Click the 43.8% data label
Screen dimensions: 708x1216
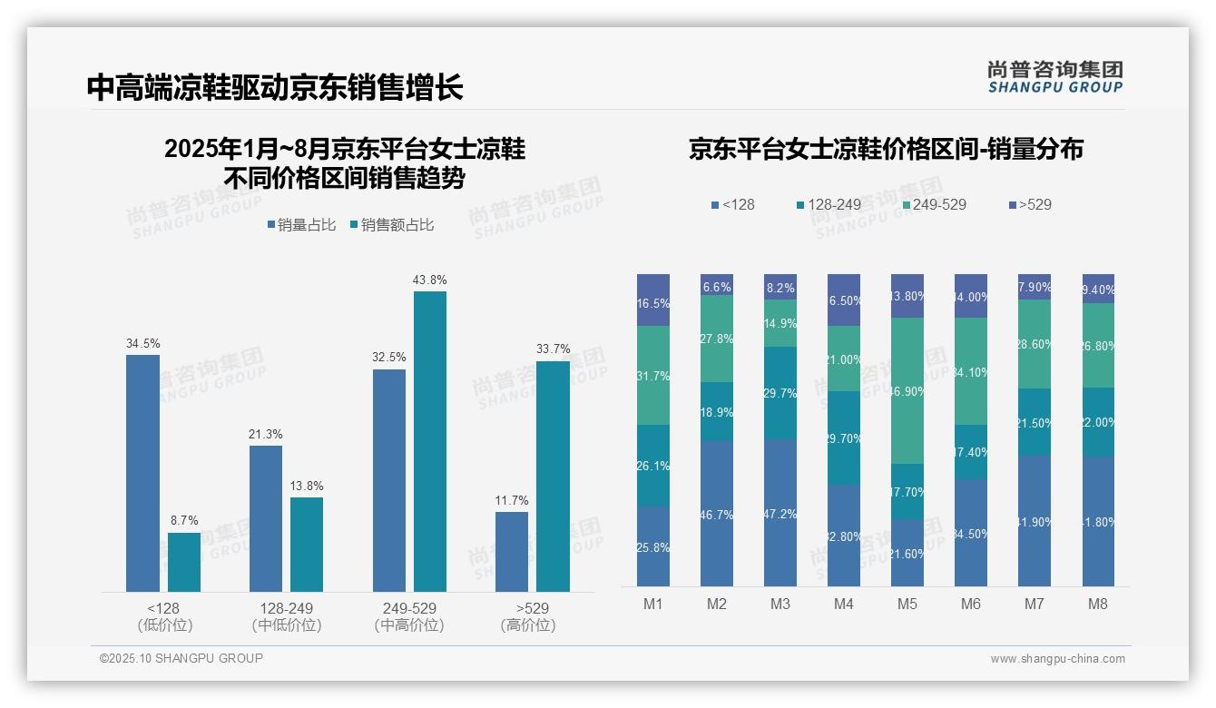tap(429, 280)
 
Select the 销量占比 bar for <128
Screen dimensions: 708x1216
tap(142, 473)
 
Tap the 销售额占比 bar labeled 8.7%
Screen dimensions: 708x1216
tap(184, 562)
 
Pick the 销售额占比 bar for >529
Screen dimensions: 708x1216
tap(553, 477)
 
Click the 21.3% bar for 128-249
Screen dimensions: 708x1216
tap(266, 518)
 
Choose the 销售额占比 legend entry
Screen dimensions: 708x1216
tap(391, 225)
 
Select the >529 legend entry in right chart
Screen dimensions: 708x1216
tap(1029, 204)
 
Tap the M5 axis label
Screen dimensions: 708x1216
tap(907, 605)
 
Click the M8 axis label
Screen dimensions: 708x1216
tap(1098, 605)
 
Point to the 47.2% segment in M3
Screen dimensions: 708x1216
tap(780, 513)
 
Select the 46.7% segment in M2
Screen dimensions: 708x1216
tap(717, 514)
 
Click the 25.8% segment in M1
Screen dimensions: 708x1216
tap(653, 546)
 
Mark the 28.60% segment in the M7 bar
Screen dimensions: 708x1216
tap(1035, 344)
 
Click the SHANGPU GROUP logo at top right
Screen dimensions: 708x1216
tap(1054, 76)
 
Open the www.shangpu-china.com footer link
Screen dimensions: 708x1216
tap(1057, 659)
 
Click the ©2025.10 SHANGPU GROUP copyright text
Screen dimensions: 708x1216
tap(181, 658)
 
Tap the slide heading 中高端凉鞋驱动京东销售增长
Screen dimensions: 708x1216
tap(275, 87)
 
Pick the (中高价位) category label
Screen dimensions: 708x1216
tap(409, 625)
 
